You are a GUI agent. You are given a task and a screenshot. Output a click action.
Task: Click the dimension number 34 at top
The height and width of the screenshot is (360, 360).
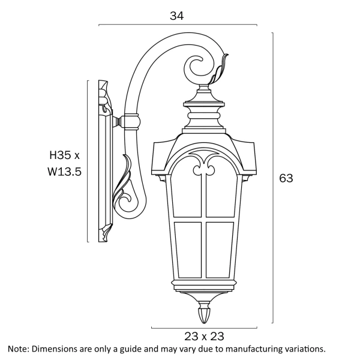coord(176,16)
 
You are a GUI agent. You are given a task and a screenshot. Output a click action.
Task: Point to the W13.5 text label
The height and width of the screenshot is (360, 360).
coord(64,171)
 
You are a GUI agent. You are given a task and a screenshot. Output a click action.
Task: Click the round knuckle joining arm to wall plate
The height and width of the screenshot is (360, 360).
coord(130,122)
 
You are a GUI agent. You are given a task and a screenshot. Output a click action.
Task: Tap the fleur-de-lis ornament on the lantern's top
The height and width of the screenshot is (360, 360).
coord(203,162)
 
